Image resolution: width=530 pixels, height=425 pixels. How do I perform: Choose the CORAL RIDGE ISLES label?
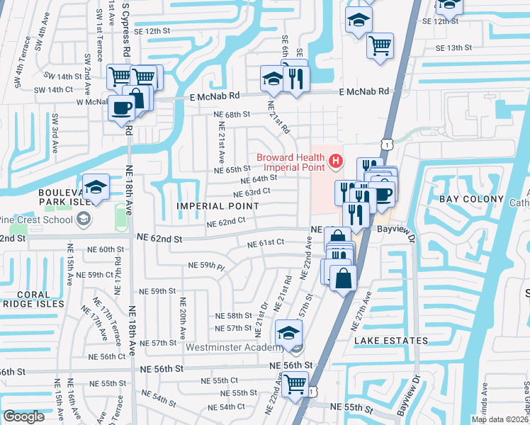pyautogui.click(x=33, y=298)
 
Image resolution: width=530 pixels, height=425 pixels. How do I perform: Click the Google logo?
pyautogui.click(x=23, y=416)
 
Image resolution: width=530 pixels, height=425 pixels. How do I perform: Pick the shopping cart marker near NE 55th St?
pyautogui.click(x=295, y=384)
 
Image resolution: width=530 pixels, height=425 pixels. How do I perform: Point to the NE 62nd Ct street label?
pyautogui.click(x=225, y=222)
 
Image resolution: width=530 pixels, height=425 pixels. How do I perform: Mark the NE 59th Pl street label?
pyautogui.click(x=205, y=266)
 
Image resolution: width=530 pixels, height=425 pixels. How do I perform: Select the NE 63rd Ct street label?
pyautogui.click(x=252, y=191)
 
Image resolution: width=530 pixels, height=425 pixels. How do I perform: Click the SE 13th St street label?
pyautogui.click(x=453, y=47)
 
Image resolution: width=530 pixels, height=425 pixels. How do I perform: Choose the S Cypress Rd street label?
pyautogui.click(x=126, y=28)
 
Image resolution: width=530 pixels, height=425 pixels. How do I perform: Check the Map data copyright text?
pyautogui.click(x=499, y=419)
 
